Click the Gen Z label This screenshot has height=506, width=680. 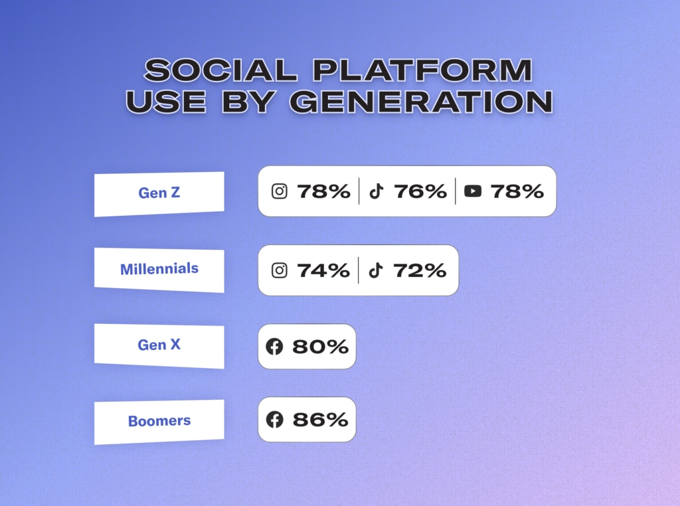point(159,193)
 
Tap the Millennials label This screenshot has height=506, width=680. point(159,269)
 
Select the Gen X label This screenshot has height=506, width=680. point(159,345)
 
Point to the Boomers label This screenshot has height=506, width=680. point(159,420)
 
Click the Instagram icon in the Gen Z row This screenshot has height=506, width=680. point(280,191)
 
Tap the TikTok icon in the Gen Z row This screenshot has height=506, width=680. point(377,191)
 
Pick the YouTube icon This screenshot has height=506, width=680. point(473,191)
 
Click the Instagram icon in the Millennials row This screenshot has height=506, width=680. point(280,270)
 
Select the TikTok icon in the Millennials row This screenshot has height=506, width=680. point(376,270)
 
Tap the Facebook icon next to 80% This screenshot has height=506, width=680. point(274,347)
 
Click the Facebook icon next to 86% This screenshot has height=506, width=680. point(274,419)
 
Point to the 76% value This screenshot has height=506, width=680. point(420,191)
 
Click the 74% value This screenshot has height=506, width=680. point(323,270)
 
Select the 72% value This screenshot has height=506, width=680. point(420,270)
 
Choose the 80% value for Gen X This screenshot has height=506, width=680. point(320,347)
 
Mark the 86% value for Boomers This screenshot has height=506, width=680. point(320,420)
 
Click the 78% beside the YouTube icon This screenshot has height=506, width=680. point(517,191)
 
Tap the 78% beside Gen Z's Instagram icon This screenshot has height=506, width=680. point(323,191)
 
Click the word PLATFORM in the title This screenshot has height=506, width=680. point(422,70)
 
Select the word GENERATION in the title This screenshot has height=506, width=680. point(421,102)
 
